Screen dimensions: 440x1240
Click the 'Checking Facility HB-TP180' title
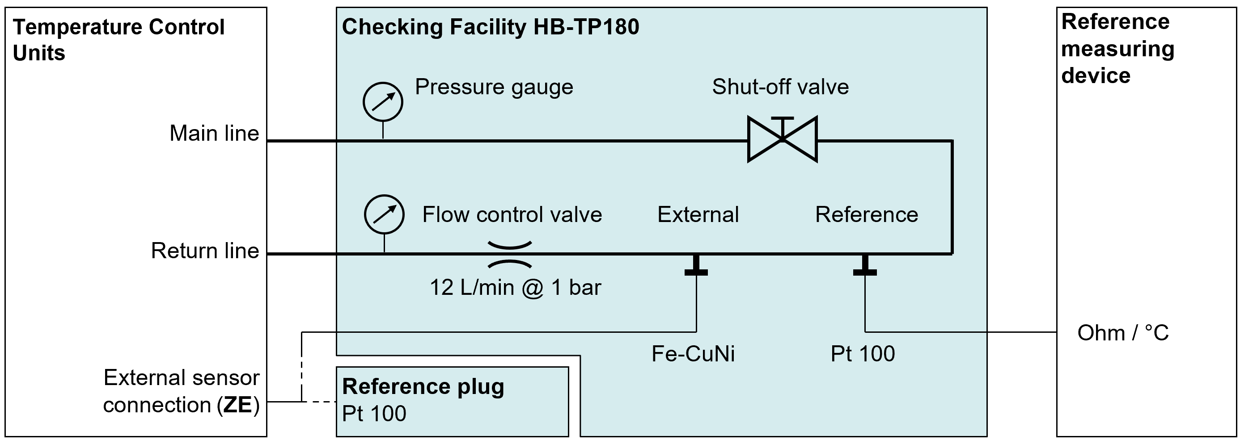click(x=490, y=27)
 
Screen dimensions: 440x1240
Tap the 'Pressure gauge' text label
click(x=494, y=87)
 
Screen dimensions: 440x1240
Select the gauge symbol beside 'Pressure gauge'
click(x=383, y=102)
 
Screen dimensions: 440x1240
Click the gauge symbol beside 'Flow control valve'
click(x=384, y=214)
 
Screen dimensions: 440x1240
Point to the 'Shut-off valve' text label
click(x=780, y=87)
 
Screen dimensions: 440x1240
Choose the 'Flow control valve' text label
click(x=512, y=214)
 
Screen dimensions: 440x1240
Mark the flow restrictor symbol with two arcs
click(x=510, y=254)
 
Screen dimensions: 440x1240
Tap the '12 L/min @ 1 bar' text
click(x=515, y=288)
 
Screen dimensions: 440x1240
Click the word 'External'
click(x=698, y=214)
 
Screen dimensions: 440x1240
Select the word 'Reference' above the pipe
click(x=867, y=214)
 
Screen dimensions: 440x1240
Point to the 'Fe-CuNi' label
click(x=693, y=354)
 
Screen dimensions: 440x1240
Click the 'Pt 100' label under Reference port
click(x=863, y=354)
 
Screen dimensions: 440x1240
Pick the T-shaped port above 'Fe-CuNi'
click(x=696, y=266)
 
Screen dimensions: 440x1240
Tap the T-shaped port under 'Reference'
click(x=865, y=266)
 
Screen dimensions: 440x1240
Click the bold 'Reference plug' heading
click(x=423, y=387)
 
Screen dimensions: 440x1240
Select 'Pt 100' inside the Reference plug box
click(x=374, y=414)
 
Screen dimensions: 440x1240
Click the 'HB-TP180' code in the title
click(x=586, y=27)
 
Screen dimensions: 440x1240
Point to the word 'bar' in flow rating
click(x=585, y=288)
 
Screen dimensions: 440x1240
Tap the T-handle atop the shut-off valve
click(x=782, y=119)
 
